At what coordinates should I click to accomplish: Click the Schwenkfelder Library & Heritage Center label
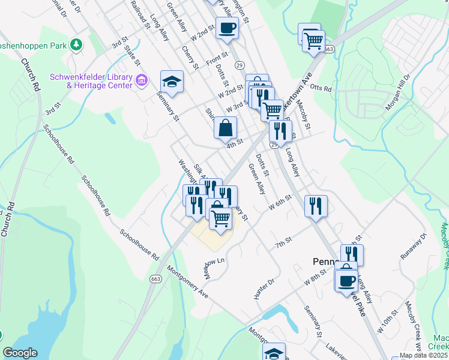coord(91,82)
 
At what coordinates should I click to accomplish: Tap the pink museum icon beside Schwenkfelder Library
coord(142,80)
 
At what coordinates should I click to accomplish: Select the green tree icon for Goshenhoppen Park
coord(76,44)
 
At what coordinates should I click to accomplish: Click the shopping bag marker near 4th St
coord(226,128)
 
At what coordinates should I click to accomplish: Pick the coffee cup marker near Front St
coord(227,28)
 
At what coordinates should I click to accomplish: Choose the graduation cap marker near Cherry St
coord(172,82)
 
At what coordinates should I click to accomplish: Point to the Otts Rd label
coord(322,89)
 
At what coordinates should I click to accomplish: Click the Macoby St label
coord(303,116)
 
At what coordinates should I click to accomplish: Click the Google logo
coord(20,353)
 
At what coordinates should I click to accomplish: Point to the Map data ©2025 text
coord(424,355)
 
